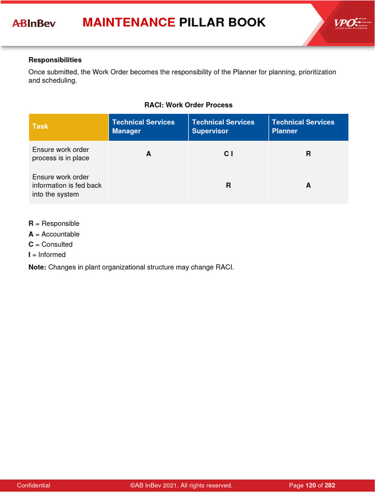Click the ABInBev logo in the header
[34, 23]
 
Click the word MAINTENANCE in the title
[129, 22]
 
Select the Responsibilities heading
[55, 60]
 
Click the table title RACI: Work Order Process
[188, 105]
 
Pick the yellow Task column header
[68, 126]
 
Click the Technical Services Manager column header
[148, 126]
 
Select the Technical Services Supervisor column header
[228, 126]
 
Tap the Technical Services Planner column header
[308, 126]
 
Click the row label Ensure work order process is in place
[61, 154]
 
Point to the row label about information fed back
[66, 186]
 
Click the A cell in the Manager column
[148, 154]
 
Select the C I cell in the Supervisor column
[228, 154]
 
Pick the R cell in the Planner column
[308, 154]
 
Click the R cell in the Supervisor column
[228, 186]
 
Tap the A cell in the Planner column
[308, 186]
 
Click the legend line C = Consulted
[50, 244]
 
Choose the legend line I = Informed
[47, 255]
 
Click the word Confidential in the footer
[33, 485]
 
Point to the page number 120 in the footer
[311, 485]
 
